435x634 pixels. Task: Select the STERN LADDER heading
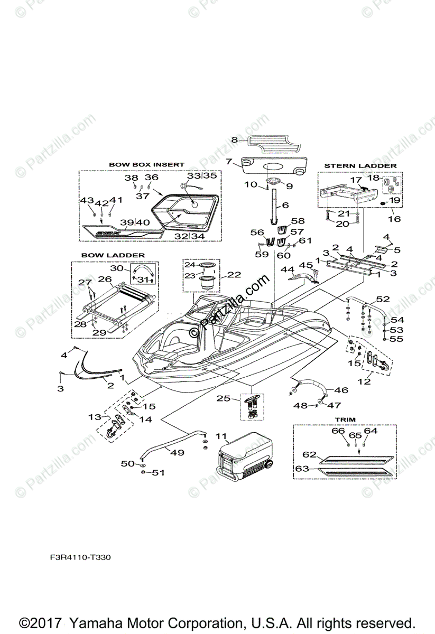[360, 166]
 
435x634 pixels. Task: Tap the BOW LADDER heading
[113, 255]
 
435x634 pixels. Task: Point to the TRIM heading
[345, 419]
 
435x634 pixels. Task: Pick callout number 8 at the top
[235, 140]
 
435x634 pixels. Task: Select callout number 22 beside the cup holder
[234, 274]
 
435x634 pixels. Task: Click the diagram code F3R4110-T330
[81, 557]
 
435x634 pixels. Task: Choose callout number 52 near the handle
[383, 299]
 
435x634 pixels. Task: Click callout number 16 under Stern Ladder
[394, 219]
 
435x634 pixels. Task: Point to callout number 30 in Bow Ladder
[116, 268]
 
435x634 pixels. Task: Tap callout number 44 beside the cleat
[287, 269]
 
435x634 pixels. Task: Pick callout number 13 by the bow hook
[95, 417]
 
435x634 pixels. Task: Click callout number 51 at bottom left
[158, 472]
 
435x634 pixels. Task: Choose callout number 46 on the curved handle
[341, 390]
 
